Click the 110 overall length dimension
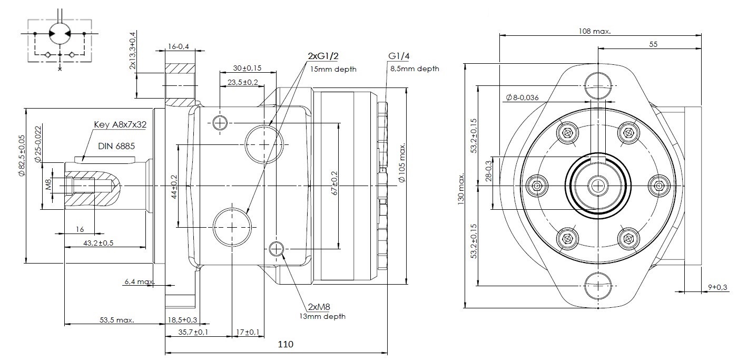(x=285, y=345)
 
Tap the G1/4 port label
(x=399, y=56)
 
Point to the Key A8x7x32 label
(x=120, y=125)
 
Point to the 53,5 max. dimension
(x=116, y=320)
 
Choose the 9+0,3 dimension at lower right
(x=717, y=287)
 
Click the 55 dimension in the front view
(x=653, y=44)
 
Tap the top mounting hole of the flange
(x=598, y=85)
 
